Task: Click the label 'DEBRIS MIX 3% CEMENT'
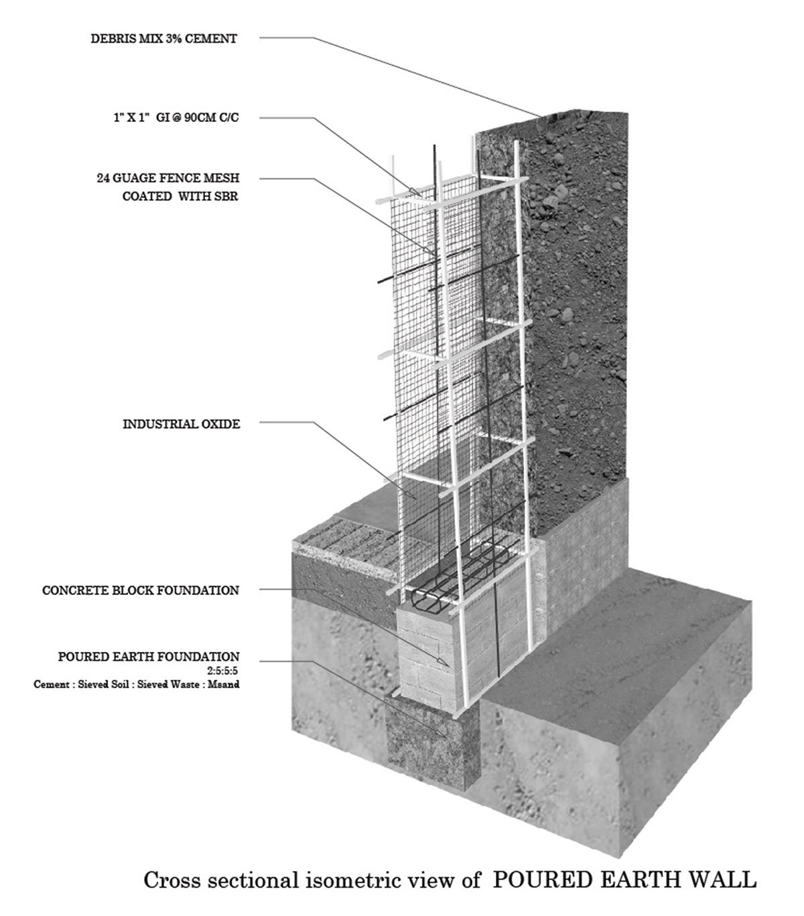tap(163, 39)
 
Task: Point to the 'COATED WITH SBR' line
tap(180, 198)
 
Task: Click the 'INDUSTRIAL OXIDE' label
tap(181, 424)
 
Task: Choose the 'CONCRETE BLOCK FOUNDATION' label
tap(141, 590)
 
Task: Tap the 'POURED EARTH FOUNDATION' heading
tap(149, 657)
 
